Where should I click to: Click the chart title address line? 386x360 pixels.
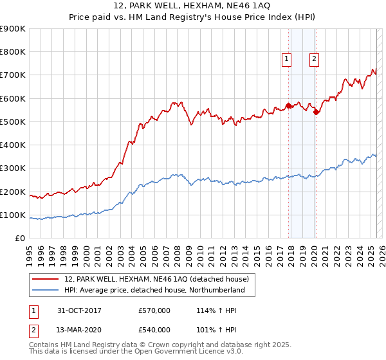(192, 6)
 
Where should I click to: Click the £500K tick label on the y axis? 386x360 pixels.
(13, 122)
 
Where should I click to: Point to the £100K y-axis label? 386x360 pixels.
(13, 215)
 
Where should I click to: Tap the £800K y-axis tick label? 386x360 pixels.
(13, 51)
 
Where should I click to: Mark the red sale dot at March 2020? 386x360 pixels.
(316, 113)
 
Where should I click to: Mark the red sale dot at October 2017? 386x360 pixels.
(289, 105)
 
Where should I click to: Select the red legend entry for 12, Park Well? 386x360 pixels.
(160, 278)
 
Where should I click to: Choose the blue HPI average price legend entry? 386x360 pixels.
(154, 290)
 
